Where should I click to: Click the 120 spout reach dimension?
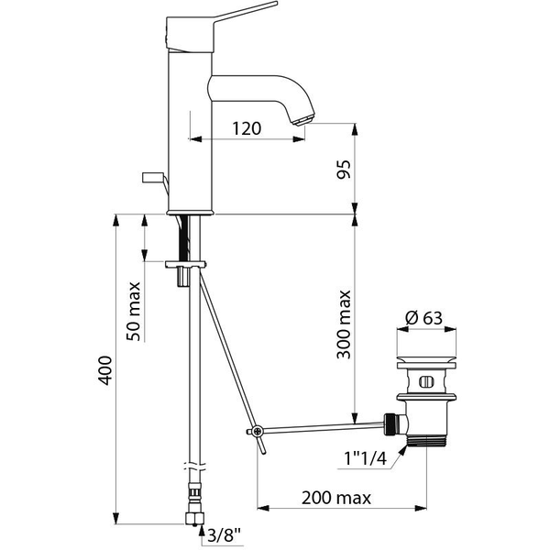pos(247,128)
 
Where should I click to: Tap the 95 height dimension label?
pos(344,170)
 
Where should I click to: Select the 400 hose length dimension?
pos(104,370)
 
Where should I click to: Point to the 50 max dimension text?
pos(134,311)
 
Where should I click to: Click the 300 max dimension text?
pos(344,324)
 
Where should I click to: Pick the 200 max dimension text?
pos(336,498)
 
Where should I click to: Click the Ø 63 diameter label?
pos(423,318)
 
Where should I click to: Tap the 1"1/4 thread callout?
pos(365,458)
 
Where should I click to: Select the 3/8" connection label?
pos(225,535)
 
